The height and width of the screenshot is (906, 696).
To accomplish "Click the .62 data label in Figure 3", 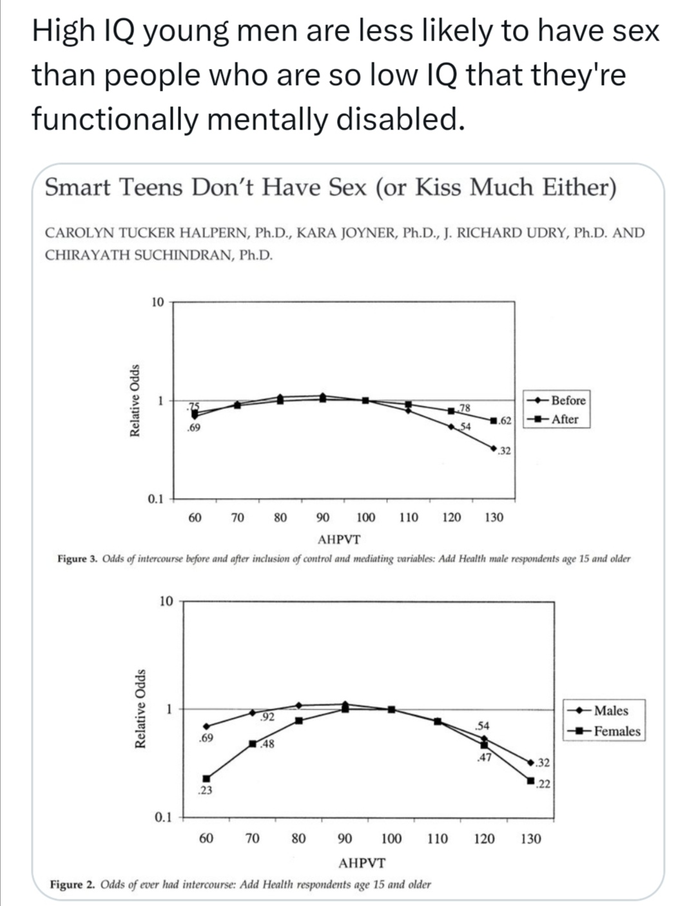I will click(505, 421).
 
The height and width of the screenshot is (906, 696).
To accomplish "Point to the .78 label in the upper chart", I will click(465, 407).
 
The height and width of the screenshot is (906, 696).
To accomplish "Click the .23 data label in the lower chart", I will click(205, 790).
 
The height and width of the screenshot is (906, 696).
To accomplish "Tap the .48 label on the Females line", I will click(267, 744).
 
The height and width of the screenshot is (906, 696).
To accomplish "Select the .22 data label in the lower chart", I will click(543, 784).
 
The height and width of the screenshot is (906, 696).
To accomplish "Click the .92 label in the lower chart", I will click(267, 717).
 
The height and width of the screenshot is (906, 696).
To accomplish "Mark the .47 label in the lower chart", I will click(484, 758).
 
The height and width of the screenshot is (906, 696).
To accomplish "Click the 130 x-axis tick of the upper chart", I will click(494, 517).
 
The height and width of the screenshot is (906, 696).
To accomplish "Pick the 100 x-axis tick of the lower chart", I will click(391, 839).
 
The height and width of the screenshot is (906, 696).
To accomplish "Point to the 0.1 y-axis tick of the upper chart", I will click(155, 499).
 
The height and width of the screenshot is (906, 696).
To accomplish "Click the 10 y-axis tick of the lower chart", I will click(166, 601).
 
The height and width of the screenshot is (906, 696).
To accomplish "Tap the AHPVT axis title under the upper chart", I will click(340, 539).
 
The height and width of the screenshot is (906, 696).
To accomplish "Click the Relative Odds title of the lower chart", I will click(139, 709).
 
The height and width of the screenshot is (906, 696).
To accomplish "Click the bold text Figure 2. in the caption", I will click(75, 884).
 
